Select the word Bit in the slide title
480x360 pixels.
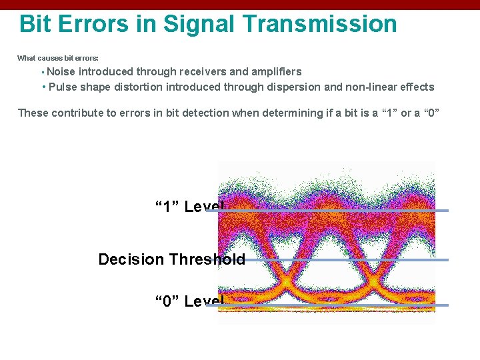coord(35,24)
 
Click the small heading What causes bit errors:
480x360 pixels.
coord(57,58)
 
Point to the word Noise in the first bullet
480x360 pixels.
coord(62,71)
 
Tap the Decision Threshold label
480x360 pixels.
coord(171,259)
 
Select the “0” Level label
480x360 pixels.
coord(188,301)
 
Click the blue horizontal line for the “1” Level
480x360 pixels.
coord(333,211)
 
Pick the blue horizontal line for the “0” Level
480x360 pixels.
coord(333,305)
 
